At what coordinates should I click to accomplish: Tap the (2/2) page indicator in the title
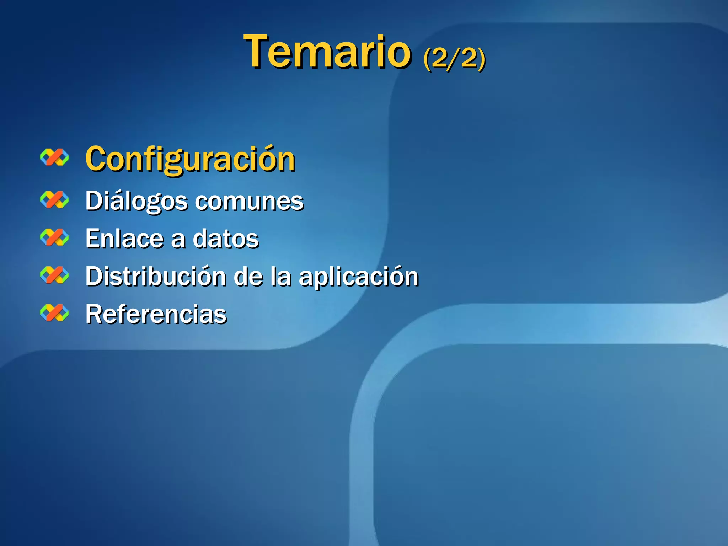[x=454, y=58]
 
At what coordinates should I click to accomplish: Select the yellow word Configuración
[x=190, y=159]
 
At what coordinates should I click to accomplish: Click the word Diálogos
[x=136, y=201]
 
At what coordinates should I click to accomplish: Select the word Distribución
[x=156, y=276]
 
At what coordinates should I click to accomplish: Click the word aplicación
[x=359, y=277]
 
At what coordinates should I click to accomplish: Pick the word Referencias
[x=156, y=314]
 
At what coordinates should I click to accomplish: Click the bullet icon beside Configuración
[x=54, y=157]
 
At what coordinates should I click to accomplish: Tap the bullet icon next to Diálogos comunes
[x=54, y=199]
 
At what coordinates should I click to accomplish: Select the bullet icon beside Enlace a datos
[x=54, y=237]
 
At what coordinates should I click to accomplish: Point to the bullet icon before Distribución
[x=54, y=275]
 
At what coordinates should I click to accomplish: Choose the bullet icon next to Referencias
[x=54, y=313]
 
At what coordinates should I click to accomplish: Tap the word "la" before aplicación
[x=281, y=276]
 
